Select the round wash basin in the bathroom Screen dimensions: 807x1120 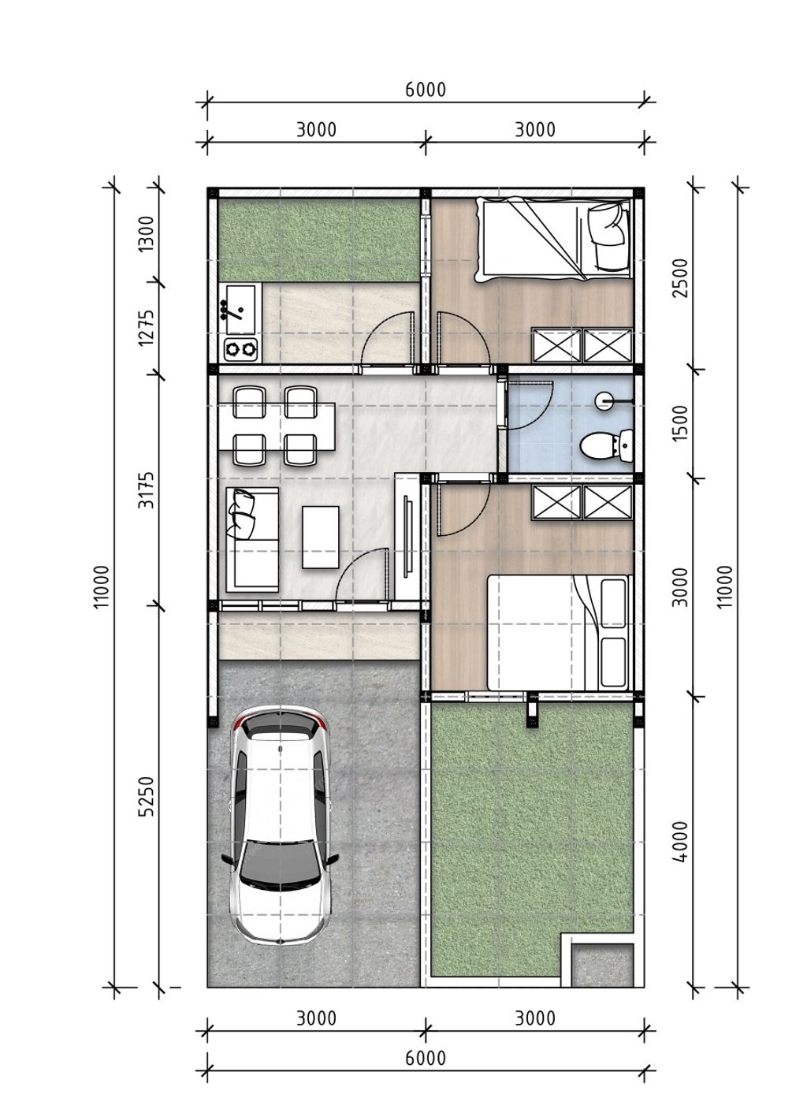click(604, 400)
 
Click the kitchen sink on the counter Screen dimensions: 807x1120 click(240, 309)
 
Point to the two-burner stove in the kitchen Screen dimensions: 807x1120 click(240, 349)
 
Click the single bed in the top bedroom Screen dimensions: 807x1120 click(553, 240)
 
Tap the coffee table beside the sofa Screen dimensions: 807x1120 click(321, 538)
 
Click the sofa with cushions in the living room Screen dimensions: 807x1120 click(252, 540)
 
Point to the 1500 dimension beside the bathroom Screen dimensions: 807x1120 click(681, 423)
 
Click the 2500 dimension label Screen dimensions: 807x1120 click(681, 278)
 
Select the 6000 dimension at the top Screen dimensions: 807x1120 click(426, 90)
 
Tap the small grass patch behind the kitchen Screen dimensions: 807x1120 click(318, 240)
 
